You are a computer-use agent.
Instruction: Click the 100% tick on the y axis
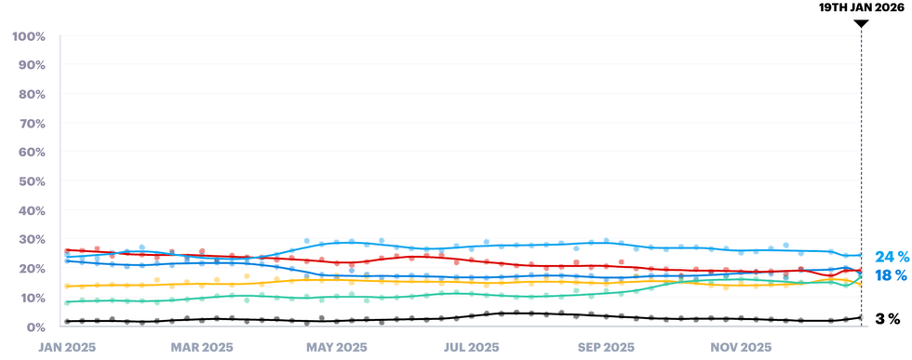pos(29,36)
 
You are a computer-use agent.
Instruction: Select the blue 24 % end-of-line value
pos(891,257)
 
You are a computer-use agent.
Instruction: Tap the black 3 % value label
pos(888,319)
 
